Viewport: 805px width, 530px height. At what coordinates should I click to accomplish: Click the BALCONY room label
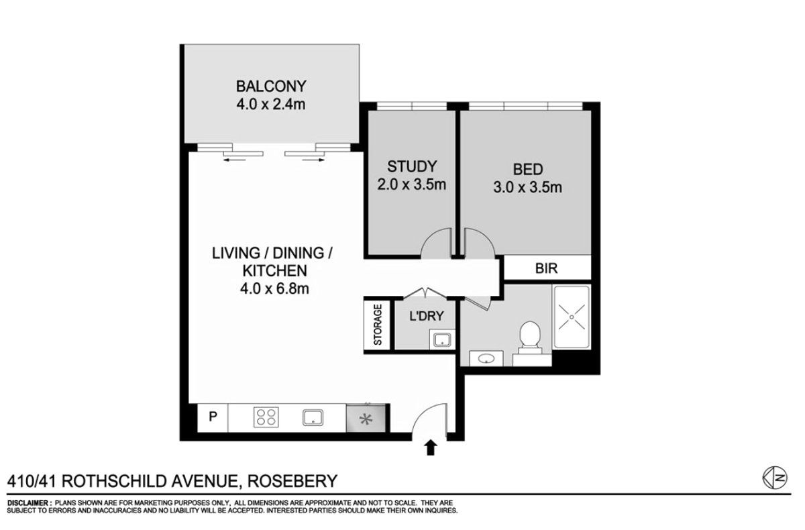click(271, 87)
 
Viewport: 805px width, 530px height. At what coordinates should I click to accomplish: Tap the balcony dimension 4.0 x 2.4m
click(271, 105)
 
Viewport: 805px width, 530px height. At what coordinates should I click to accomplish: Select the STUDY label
click(412, 166)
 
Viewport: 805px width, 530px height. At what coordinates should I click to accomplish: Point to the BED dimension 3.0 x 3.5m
click(527, 187)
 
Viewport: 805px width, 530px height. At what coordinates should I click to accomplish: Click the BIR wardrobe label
click(547, 268)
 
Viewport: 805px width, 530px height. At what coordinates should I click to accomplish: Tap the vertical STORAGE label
click(378, 325)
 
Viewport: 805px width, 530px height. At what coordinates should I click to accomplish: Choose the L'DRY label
click(427, 316)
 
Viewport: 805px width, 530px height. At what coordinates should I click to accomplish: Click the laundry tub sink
click(442, 339)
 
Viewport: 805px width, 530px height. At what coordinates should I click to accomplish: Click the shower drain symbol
click(572, 317)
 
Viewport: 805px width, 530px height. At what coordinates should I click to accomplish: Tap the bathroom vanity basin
click(486, 358)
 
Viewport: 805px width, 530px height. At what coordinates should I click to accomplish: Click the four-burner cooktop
click(266, 417)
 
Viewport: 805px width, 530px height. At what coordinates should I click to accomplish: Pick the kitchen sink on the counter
click(313, 417)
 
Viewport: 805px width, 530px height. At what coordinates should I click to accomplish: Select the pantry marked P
click(213, 417)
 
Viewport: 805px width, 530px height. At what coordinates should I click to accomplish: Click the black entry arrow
click(430, 448)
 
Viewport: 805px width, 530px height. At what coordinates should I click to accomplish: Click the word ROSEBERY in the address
click(293, 481)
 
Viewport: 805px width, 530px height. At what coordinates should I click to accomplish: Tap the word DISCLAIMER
click(28, 502)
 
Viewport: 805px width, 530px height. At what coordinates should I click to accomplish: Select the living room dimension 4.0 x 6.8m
click(274, 288)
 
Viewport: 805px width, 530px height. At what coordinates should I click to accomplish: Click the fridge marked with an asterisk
click(366, 419)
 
